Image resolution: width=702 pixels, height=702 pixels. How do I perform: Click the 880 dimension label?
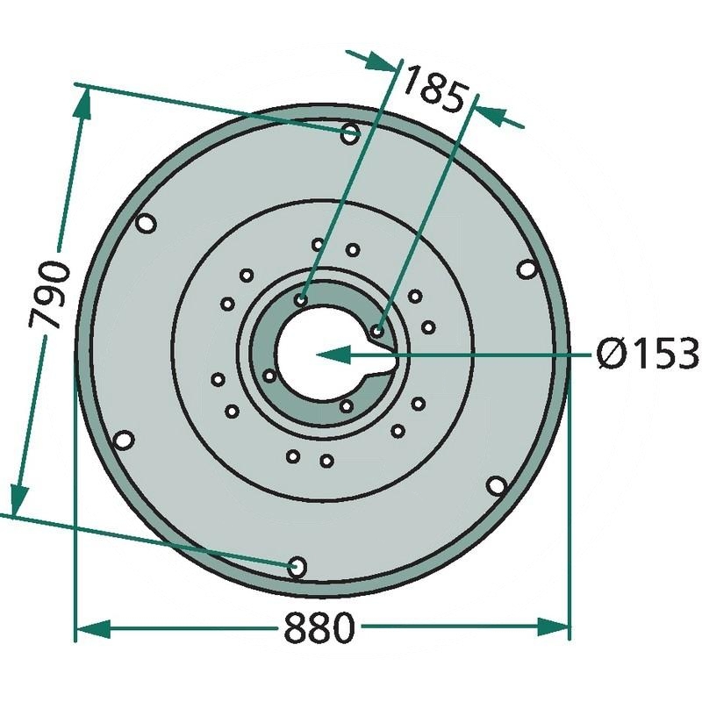point(319,627)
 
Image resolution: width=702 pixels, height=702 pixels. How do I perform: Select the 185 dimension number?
point(433,90)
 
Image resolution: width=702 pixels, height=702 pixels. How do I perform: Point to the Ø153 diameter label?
point(648,354)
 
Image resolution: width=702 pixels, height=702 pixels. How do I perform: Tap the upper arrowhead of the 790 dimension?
point(83,104)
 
